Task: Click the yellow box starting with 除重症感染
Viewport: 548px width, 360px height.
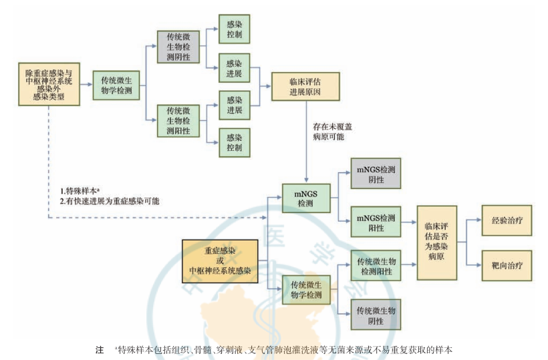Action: tap(49, 84)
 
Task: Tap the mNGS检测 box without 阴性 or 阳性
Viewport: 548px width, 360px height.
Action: tap(305, 198)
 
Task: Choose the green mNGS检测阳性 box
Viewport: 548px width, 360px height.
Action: tap(376, 223)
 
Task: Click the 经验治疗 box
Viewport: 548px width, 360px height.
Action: tap(507, 220)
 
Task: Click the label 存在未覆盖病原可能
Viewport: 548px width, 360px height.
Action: tap(328, 131)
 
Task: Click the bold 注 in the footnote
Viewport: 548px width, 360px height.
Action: tap(100, 349)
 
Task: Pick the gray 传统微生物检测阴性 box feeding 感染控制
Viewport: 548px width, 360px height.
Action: tap(178, 47)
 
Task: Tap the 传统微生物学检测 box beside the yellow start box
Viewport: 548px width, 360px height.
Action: tap(116, 84)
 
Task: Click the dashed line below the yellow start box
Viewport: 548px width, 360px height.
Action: tap(49, 160)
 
